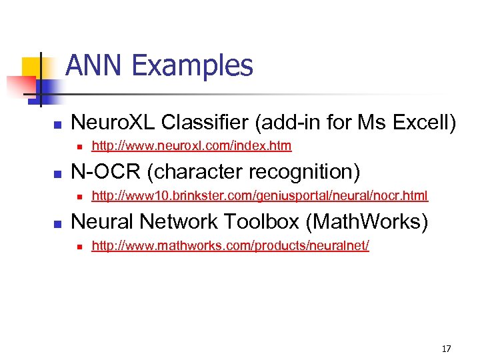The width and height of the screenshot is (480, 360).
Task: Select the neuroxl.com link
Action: point(191,145)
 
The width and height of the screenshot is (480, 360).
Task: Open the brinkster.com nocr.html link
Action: point(259,195)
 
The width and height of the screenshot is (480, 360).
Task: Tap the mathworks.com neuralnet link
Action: point(230,245)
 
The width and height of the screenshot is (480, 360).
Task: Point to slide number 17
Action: point(446,349)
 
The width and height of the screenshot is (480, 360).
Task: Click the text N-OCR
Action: point(106,171)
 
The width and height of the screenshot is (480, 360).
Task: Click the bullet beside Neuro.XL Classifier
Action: point(58,125)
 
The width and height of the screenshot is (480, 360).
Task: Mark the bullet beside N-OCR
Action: point(58,174)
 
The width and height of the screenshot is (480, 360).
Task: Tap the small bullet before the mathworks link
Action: point(79,247)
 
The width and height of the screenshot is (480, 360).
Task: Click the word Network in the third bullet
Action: point(195,221)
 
